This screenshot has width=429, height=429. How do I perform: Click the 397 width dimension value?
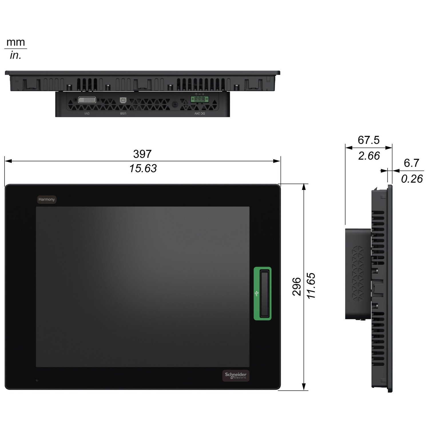point(142,154)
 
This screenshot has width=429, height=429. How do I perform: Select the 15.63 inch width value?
point(143,168)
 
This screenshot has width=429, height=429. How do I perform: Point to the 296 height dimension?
point(297,286)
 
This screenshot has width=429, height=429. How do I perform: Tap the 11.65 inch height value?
point(311,286)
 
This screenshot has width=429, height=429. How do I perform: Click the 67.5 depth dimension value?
point(368,140)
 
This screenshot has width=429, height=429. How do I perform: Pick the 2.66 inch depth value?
point(369,156)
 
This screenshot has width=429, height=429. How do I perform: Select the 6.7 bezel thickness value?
point(411,163)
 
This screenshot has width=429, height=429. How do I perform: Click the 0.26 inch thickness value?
point(412,179)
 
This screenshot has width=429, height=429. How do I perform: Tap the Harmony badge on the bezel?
point(47,199)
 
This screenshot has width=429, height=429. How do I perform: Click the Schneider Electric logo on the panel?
point(236,376)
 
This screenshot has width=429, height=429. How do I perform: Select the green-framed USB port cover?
point(263,293)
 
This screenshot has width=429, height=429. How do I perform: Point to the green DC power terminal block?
point(200,99)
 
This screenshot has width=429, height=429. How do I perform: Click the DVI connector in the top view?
point(87,100)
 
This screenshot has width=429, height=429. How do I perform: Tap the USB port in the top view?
point(123,100)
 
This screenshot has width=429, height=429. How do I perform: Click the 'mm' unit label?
point(16,42)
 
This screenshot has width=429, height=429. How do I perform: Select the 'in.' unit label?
point(16,55)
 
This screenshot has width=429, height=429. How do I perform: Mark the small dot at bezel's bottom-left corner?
point(37,380)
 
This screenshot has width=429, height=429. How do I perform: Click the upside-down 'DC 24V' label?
point(200,114)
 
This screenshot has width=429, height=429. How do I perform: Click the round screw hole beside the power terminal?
point(175,105)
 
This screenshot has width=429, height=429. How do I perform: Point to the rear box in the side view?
point(358,274)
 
